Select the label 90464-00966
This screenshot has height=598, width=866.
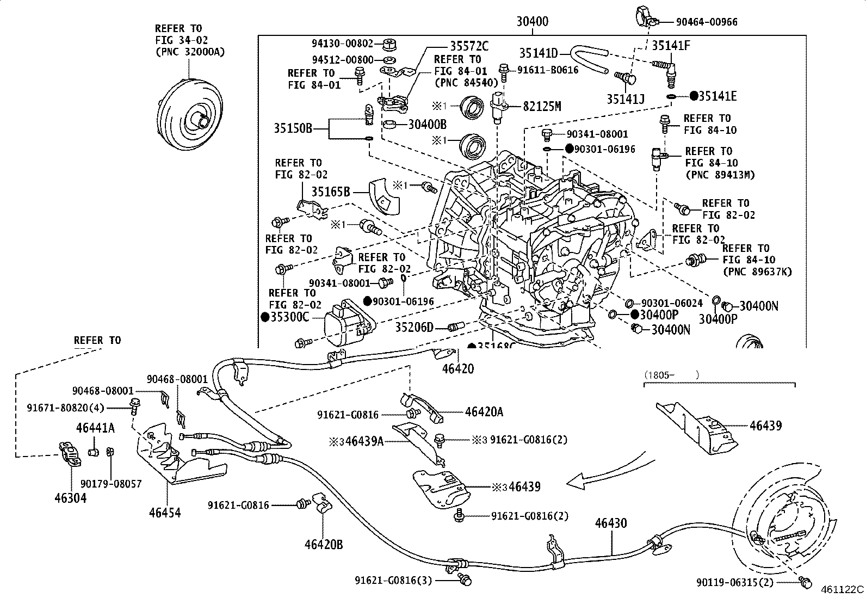707,22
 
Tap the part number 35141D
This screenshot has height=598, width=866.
539,53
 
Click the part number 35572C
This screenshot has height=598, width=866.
469,46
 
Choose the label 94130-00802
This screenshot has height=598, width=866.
343,44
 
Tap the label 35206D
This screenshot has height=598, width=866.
414,328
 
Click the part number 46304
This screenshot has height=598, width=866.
71,497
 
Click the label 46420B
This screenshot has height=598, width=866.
324,544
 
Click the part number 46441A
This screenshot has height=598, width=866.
95,428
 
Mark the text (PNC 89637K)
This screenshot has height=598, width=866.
757,272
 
